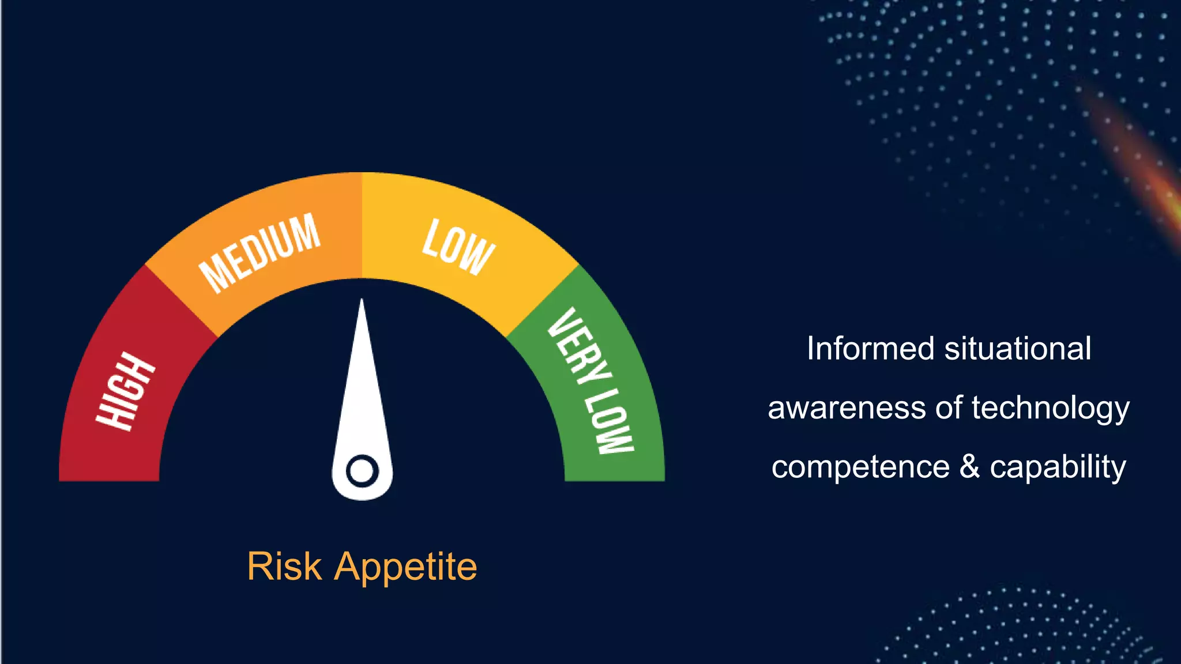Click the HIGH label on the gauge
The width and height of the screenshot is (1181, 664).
tap(125, 391)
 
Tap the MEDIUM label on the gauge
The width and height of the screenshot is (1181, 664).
tap(259, 253)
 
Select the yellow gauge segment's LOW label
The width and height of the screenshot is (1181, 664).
tap(458, 247)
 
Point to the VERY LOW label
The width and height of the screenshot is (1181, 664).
tap(590, 381)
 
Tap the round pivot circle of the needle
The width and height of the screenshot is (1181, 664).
tap(362, 471)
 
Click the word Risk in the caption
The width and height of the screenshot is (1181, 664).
tap(284, 567)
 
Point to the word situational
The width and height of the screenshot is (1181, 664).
tap(1018, 349)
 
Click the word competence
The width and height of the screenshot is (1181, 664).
tap(860, 467)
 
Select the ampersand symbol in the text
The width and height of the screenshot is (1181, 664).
tap(970, 466)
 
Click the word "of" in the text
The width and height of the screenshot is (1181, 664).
tap(949, 408)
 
